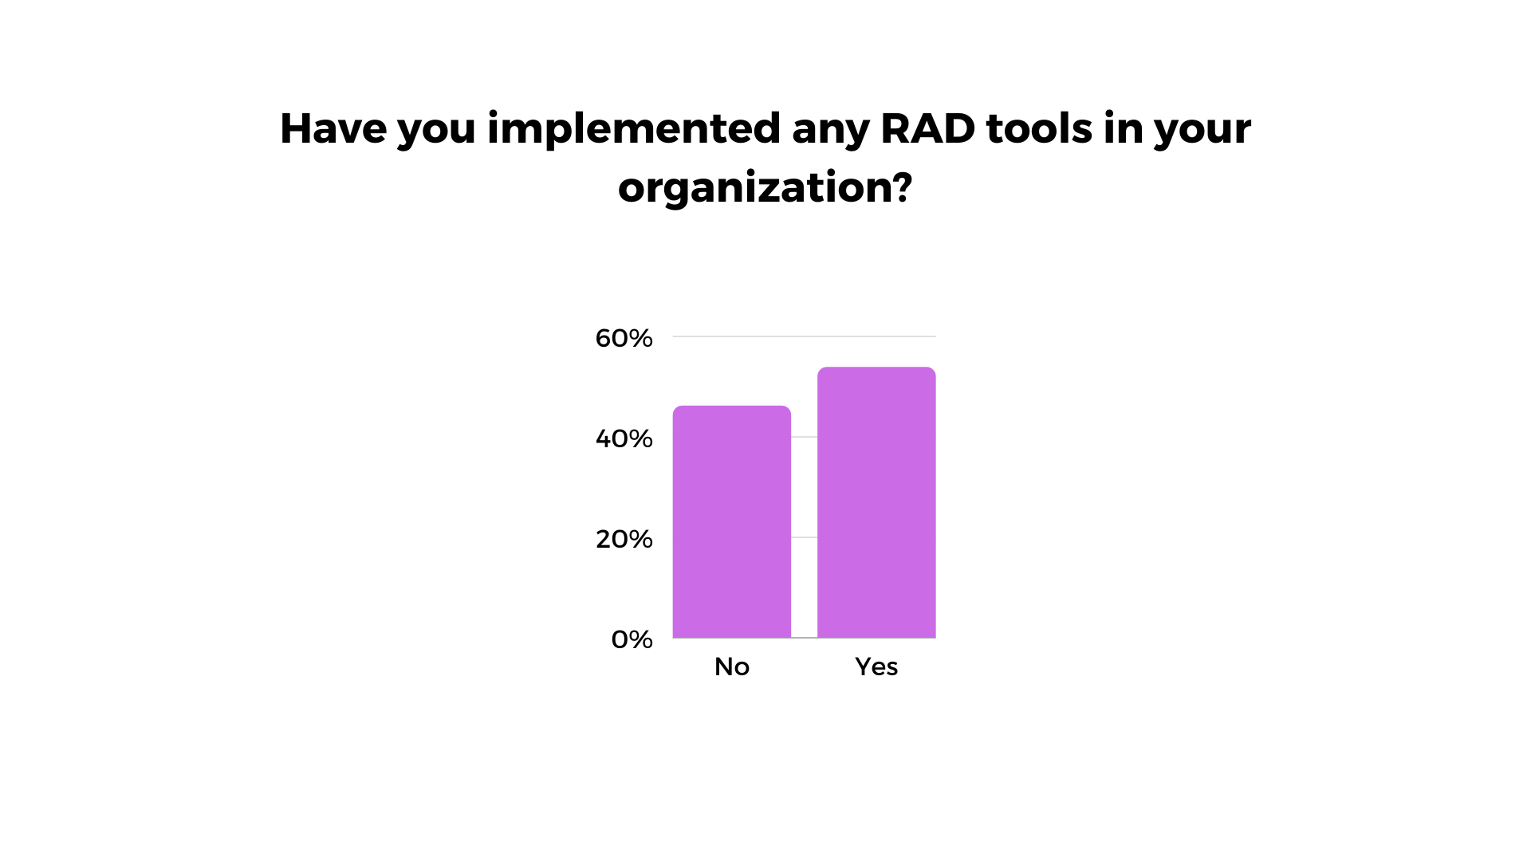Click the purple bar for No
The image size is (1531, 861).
[732, 522]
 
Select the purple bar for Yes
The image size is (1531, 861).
[876, 502]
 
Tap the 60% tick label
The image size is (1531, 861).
[624, 338]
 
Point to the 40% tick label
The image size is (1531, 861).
[624, 438]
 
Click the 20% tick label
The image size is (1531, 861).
[624, 539]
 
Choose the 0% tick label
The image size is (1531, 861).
[632, 639]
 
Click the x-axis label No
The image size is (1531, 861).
[732, 666]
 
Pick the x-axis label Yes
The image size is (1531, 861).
[876, 666]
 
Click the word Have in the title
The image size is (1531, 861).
[333, 128]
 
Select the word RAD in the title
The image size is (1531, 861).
[928, 128]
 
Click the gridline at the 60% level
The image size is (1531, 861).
[804, 336]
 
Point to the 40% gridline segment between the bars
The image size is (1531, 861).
[804, 437]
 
